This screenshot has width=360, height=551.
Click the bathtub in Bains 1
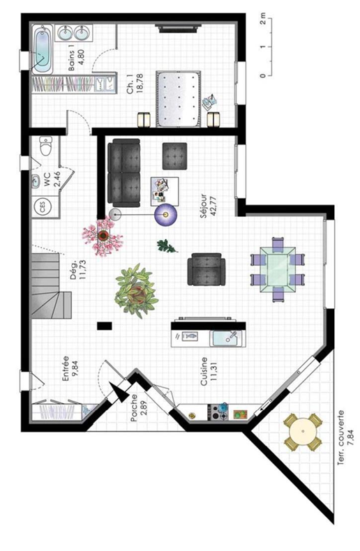coord(43,50)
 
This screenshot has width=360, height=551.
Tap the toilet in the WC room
coord(46,146)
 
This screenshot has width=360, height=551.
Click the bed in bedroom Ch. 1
coord(179,99)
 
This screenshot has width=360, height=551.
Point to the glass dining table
coord(278,269)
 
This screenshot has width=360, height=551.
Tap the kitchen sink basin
coord(224,338)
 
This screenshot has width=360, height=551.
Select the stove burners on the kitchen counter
coord(218,412)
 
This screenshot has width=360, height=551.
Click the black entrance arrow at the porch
coord(119,391)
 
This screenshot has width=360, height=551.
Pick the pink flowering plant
coord(103,236)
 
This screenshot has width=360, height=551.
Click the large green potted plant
coord(137,291)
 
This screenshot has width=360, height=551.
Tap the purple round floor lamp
coord(166,213)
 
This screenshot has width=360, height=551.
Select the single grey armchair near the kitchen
coord(206,269)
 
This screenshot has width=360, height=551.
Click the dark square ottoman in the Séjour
coord(174,156)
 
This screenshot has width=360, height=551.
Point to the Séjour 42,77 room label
coord(208,206)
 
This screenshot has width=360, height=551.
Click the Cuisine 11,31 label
coord(209,372)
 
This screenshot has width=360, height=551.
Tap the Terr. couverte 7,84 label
coord(345,438)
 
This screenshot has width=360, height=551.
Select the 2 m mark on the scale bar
coord(263,20)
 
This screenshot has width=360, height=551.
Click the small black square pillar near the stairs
coord(105,326)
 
